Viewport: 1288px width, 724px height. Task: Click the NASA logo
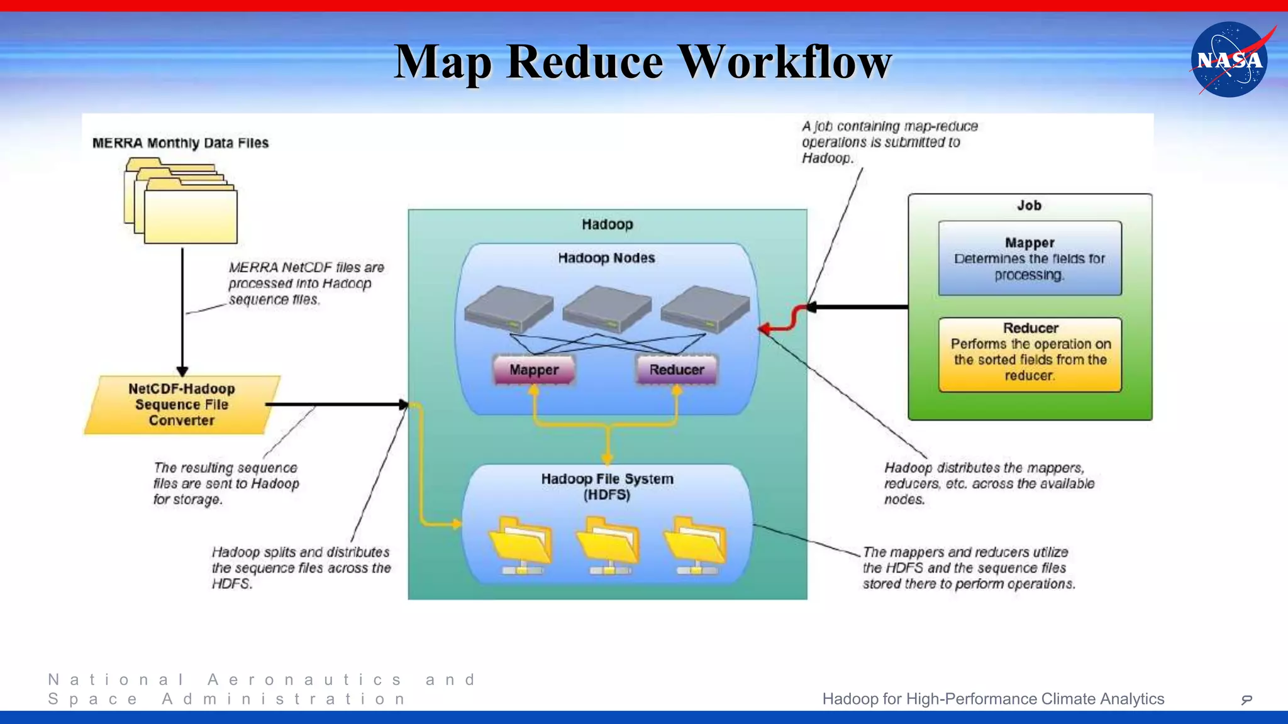click(1229, 60)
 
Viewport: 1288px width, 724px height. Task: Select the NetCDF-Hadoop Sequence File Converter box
click(182, 405)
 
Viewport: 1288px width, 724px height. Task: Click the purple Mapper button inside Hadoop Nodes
click(534, 370)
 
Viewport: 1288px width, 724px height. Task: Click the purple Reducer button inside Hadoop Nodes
click(677, 370)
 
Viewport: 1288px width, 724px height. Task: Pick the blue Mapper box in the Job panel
click(1030, 258)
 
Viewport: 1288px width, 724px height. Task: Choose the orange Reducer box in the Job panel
click(1030, 354)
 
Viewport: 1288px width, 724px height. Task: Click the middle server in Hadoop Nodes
click(607, 307)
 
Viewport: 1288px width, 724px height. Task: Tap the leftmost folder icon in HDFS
click(521, 544)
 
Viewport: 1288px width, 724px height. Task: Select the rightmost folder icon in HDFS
click(696, 544)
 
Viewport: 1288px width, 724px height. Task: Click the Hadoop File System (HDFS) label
click(607, 486)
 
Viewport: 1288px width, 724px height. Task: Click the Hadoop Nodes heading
click(606, 258)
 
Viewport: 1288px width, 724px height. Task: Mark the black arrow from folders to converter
click(182, 314)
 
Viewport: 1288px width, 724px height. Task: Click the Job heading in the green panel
click(1029, 206)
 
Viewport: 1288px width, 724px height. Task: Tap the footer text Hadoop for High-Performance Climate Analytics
click(993, 699)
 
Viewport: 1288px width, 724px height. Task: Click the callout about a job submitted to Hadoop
click(889, 142)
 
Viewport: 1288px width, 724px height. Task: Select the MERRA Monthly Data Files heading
click(180, 143)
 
